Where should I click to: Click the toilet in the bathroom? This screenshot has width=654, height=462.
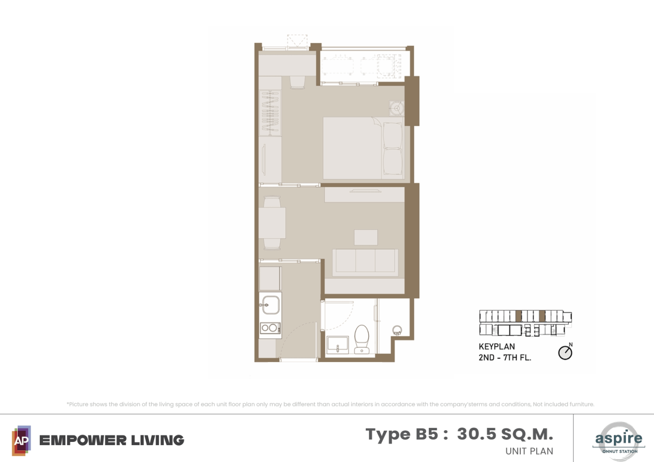(362, 339)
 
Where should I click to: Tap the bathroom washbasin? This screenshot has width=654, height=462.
(337, 344)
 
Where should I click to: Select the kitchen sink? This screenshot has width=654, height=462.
(270, 305)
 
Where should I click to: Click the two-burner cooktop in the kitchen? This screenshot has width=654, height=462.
(270, 328)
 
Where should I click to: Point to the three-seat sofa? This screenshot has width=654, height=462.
(365, 262)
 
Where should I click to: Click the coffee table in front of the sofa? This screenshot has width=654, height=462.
(366, 237)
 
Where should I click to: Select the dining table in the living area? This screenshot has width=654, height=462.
(272, 223)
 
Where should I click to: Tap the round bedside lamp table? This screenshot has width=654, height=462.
(397, 108)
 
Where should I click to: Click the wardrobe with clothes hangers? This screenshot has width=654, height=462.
(270, 113)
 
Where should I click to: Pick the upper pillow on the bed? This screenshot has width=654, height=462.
(393, 135)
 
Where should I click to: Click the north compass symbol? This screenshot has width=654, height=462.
(566, 352)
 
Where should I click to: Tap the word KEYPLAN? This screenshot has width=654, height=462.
(497, 346)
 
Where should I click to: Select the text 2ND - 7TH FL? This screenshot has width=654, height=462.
(505, 357)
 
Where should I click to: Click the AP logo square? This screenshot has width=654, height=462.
(21, 441)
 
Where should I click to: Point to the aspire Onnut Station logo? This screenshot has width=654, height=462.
(618, 441)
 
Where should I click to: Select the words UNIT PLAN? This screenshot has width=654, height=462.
(529, 451)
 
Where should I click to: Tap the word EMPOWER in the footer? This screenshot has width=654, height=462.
(83, 441)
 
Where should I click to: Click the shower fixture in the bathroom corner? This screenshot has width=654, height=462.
(397, 330)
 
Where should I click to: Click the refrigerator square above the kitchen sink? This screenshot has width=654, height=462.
(270, 279)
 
